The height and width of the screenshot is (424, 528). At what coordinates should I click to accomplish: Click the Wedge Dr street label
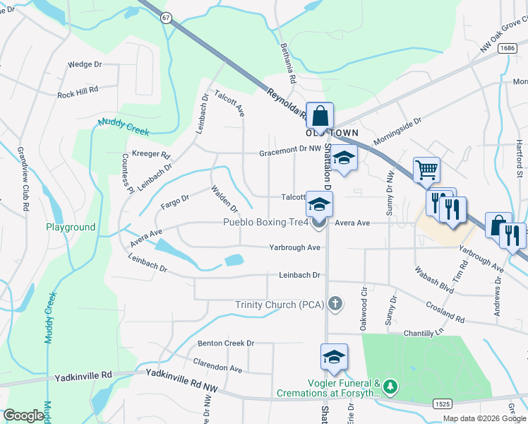85,64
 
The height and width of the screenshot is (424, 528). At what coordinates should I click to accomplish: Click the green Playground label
71,228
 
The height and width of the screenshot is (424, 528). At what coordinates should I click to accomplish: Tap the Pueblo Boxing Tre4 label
265,223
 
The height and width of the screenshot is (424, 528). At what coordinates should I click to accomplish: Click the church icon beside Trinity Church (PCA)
335,305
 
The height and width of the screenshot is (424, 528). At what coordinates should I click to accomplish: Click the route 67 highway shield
164,19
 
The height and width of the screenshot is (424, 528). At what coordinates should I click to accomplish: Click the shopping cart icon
426,170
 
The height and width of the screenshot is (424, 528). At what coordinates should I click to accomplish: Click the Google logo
23,415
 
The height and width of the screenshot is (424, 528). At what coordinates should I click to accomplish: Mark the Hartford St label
518,158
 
